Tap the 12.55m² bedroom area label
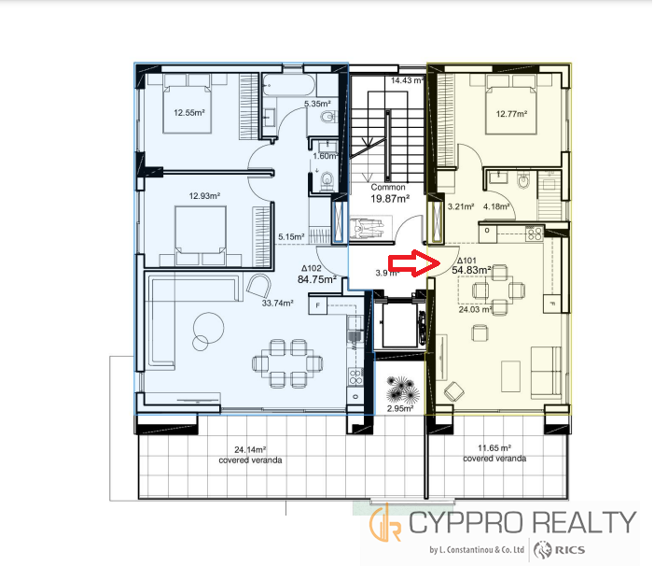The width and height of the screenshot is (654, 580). pyautogui.click(x=189, y=113)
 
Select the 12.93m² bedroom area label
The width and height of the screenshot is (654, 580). pyautogui.click(x=204, y=196)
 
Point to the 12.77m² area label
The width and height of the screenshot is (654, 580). pyautogui.click(x=511, y=114)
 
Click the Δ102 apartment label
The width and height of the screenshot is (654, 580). pyautogui.click(x=312, y=268)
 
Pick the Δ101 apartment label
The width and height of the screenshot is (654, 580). pyautogui.click(x=466, y=261)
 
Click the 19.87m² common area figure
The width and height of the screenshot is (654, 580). pyautogui.click(x=390, y=199)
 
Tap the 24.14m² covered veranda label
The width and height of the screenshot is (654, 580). pyautogui.click(x=250, y=455)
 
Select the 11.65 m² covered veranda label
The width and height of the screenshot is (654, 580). pyautogui.click(x=494, y=454)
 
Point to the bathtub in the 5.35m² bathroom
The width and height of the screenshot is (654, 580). pyautogui.click(x=288, y=85)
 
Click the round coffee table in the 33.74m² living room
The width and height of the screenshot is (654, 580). pyautogui.click(x=208, y=328)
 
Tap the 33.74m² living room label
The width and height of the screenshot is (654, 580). pyautogui.click(x=277, y=304)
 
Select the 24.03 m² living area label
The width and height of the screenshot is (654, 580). pyautogui.click(x=475, y=310)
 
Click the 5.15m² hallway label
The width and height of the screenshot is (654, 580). pyautogui.click(x=291, y=236)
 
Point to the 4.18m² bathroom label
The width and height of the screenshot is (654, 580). pyautogui.click(x=496, y=206)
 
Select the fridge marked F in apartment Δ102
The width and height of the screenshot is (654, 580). pyautogui.click(x=318, y=305)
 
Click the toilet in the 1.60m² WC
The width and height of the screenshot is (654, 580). pyautogui.click(x=327, y=181)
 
